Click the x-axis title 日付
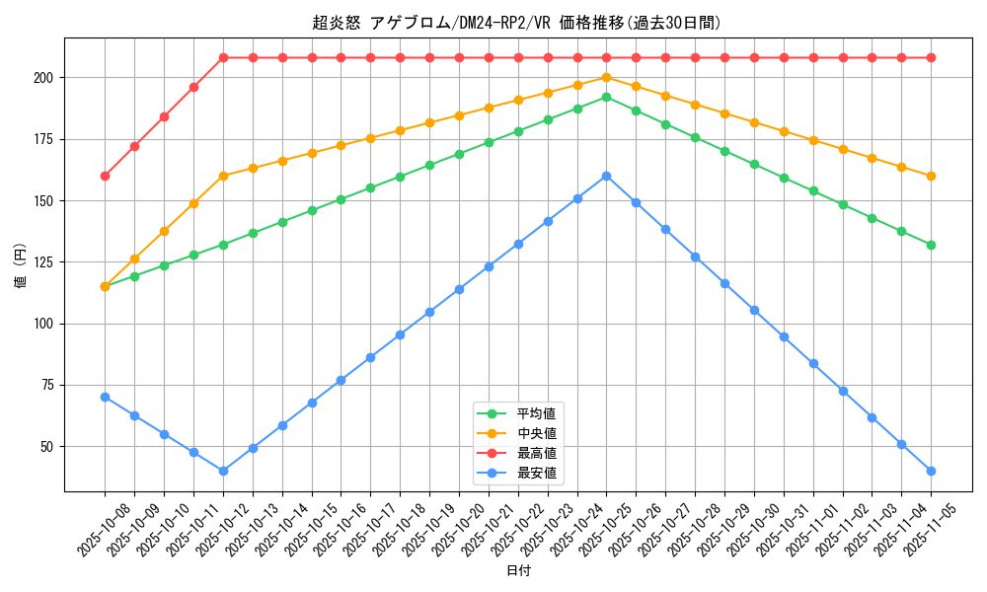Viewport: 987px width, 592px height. point(517,571)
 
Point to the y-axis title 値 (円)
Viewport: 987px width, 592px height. point(22,264)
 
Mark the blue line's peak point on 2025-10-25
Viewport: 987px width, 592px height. point(606,176)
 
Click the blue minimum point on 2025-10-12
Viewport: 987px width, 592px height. point(223,471)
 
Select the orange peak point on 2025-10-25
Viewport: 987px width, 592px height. point(606,77)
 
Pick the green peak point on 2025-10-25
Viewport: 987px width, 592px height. point(606,97)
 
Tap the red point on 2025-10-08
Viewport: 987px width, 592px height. point(105,176)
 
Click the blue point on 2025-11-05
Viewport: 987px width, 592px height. point(931,471)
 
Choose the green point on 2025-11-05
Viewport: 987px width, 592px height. point(931,245)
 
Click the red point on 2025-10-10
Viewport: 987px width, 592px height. point(164,116)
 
